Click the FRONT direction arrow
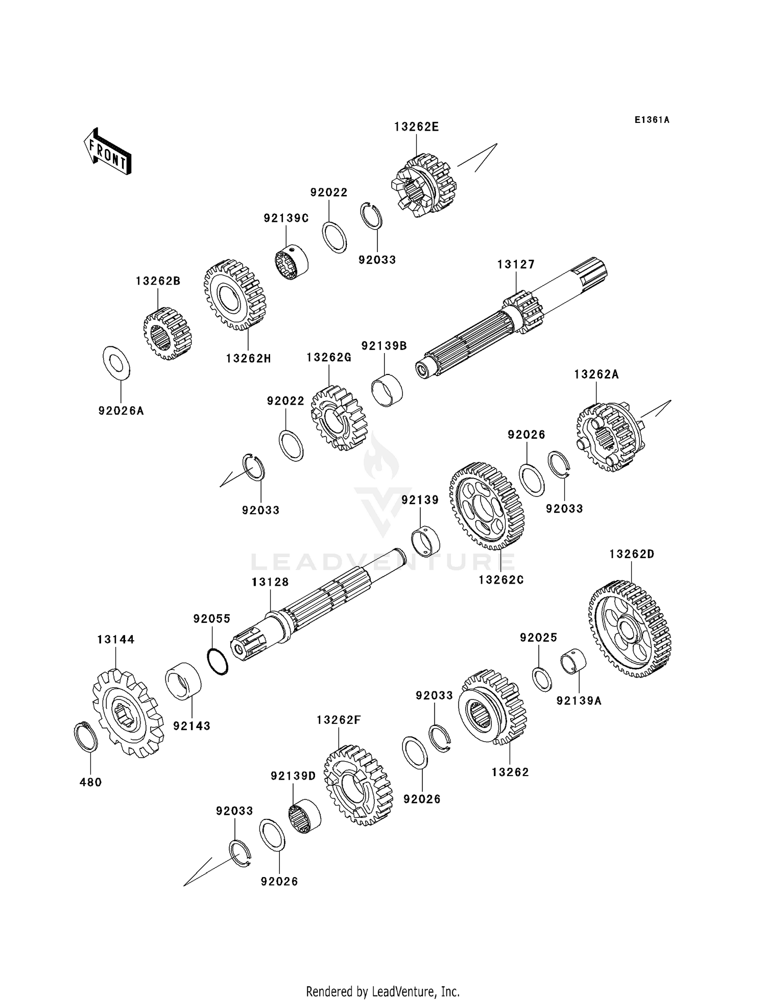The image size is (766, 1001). click(107, 152)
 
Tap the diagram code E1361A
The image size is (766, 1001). click(652, 120)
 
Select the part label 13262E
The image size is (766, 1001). click(416, 127)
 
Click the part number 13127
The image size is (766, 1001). click(516, 264)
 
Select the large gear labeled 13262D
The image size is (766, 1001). click(630, 629)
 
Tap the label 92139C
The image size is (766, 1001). click(286, 218)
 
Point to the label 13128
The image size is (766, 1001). click(270, 582)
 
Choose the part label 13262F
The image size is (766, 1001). click(339, 720)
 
